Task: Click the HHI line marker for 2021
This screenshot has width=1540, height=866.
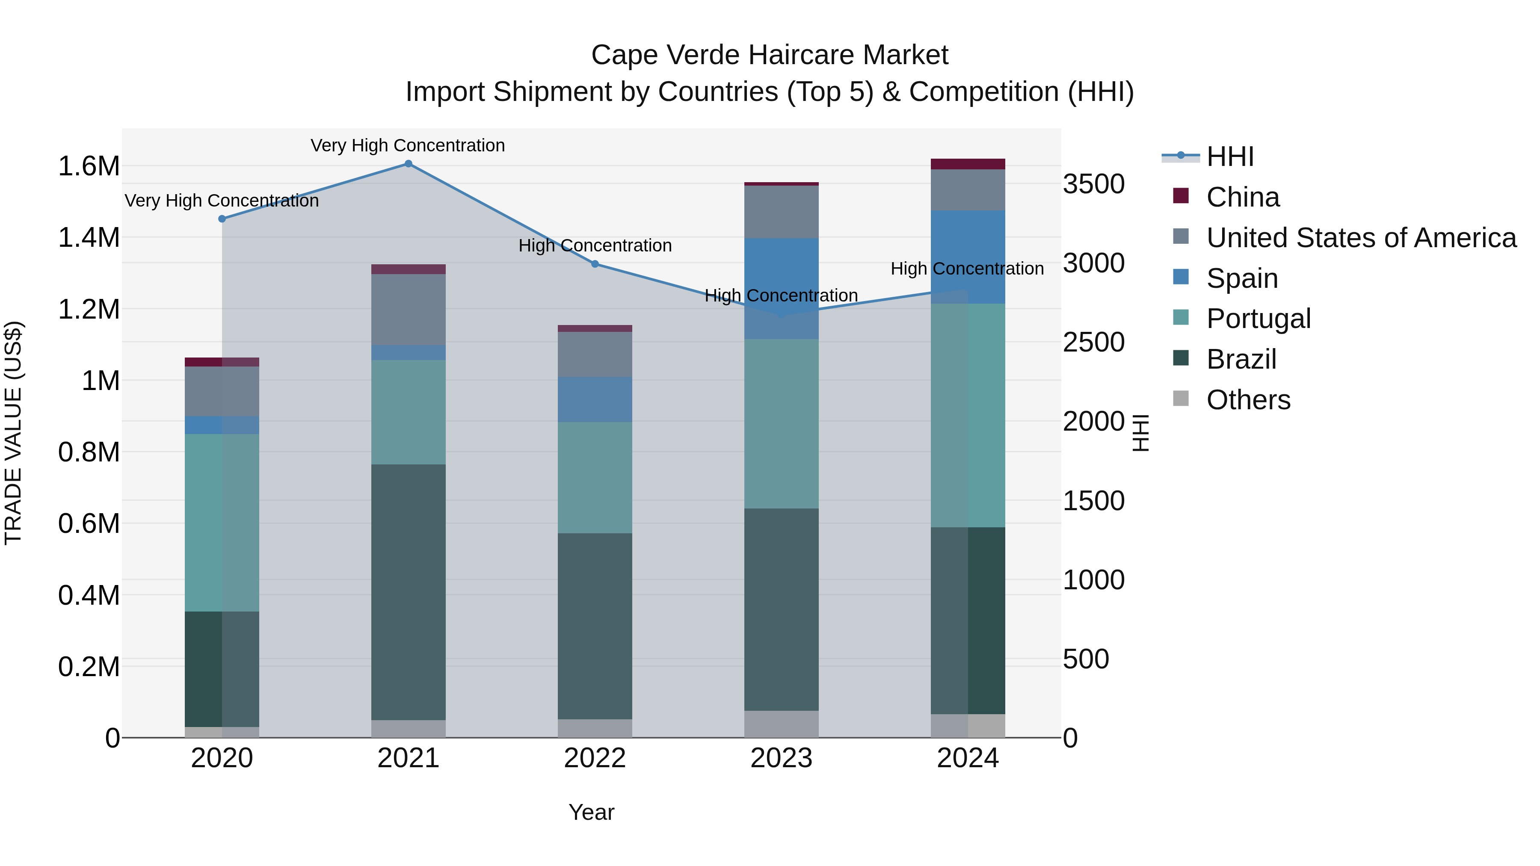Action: pos(409,164)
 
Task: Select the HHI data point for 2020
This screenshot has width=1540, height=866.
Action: pos(222,219)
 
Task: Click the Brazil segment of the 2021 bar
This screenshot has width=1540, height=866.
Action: pos(409,592)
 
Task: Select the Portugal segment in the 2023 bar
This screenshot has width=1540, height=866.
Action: pos(782,424)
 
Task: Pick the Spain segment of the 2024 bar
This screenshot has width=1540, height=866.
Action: pos(968,257)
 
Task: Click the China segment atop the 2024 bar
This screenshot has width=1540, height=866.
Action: pos(968,164)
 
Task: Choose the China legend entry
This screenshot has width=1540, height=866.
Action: pos(1242,197)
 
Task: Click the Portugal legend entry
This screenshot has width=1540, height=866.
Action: pos(1258,319)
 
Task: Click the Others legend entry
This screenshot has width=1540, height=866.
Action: pos(1248,400)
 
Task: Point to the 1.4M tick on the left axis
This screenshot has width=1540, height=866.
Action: pos(89,238)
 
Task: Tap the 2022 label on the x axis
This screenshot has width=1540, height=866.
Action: pos(595,758)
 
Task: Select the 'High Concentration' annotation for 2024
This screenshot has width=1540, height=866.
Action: pos(967,269)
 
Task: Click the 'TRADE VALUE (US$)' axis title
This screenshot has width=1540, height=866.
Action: pos(13,433)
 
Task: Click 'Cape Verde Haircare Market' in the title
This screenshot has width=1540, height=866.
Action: pos(770,55)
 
